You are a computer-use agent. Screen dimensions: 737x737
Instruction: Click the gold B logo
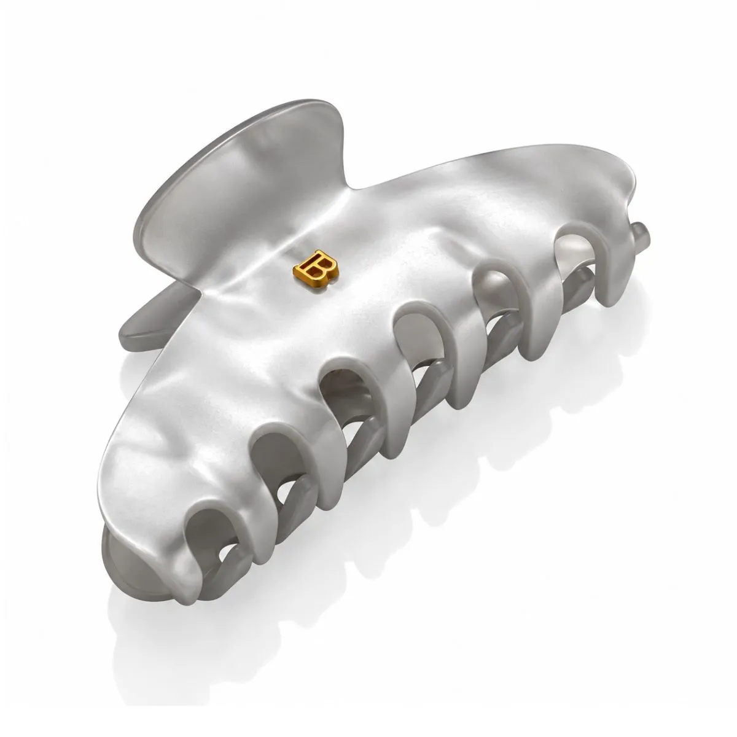pyautogui.click(x=316, y=265)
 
